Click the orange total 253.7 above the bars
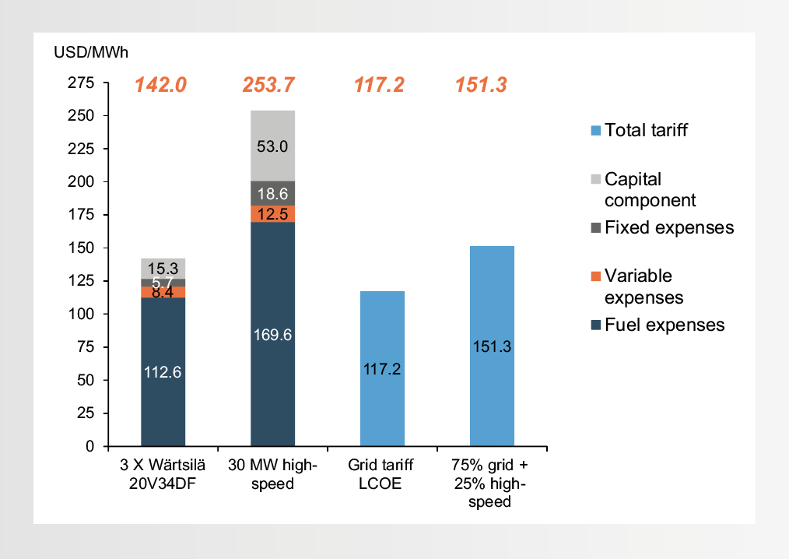tap(272, 85)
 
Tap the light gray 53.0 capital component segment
tap(272, 146)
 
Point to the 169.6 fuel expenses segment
tap(272, 335)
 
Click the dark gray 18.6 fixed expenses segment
tap(272, 194)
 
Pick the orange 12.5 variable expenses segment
tap(272, 214)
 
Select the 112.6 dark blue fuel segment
tap(163, 372)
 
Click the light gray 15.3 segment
tap(163, 268)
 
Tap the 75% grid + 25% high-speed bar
tap(492, 346)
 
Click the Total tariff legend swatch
tap(596, 130)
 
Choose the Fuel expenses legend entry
tap(664, 325)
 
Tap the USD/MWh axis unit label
tap(90, 53)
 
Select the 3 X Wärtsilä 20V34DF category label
tap(163, 474)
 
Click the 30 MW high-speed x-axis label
tap(272, 474)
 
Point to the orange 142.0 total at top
tap(161, 85)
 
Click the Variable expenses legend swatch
tap(596, 276)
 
